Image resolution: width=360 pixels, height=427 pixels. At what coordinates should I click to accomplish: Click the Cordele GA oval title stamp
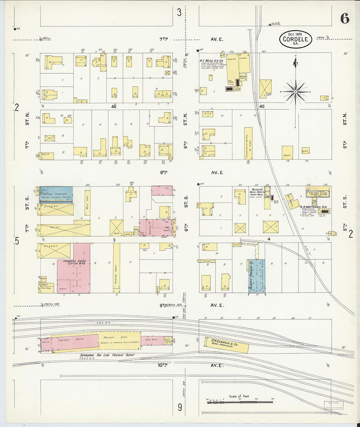point(296,39)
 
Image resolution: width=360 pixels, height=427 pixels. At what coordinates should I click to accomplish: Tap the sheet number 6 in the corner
point(345,19)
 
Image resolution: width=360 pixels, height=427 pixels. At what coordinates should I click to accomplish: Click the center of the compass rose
point(296,92)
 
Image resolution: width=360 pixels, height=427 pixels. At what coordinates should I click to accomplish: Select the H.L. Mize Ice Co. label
point(211,61)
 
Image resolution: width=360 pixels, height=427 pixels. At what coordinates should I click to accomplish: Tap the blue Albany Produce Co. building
point(257,276)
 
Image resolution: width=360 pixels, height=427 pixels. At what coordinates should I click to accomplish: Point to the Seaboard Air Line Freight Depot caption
point(107,355)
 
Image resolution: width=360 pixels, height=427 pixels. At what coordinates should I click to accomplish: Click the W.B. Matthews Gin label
point(313,207)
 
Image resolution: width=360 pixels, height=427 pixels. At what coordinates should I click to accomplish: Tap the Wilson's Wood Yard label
point(257,192)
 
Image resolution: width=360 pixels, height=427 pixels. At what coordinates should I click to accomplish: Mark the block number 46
point(114,107)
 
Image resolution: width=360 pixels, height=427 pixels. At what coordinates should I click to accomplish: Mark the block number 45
point(261,107)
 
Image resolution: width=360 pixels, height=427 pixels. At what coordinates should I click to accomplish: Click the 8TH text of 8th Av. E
point(164,172)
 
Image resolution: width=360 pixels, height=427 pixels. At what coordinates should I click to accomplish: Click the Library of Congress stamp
point(333,405)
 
